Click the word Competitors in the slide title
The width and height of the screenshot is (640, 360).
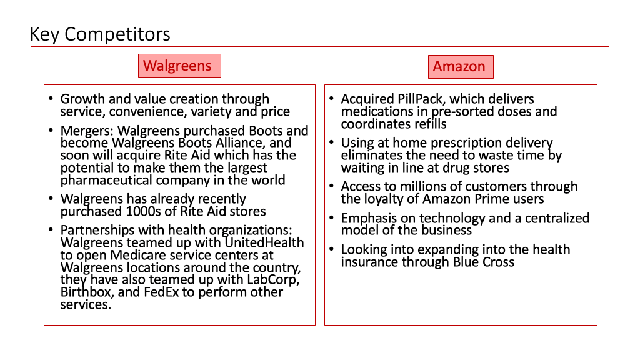click(117, 34)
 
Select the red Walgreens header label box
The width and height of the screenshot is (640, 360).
click(179, 66)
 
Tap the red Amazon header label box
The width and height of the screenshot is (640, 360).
click(461, 67)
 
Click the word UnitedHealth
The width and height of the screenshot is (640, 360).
click(264, 243)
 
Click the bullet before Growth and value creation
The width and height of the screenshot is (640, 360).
click(51, 98)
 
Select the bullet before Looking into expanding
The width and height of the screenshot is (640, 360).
click(331, 249)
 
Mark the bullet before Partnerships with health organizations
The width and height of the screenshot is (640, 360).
click(51, 230)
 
